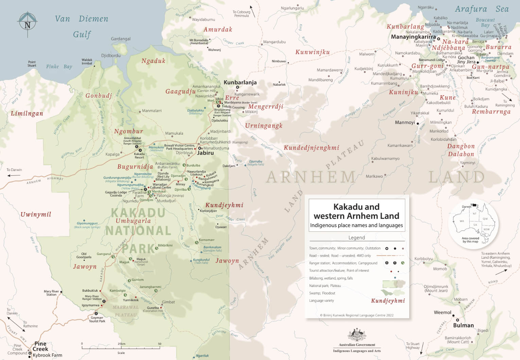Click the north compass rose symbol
click(27, 24)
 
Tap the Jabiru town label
click(205, 153)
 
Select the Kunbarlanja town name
click(240, 83)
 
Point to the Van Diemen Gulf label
click(82, 27)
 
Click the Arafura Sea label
click(482, 9)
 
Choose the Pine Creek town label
click(40, 346)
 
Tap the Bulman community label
click(463, 325)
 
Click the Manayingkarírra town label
click(413, 37)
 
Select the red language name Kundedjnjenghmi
click(311, 148)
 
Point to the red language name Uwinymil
click(36, 215)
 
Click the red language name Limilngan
click(27, 114)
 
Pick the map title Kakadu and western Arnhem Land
click(356, 211)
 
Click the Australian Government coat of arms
click(357, 335)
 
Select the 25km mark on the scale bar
click(121, 344)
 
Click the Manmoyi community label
click(405, 123)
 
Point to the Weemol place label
click(442, 312)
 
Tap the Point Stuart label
click(32, 64)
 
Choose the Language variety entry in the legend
click(322, 301)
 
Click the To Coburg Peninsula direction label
click(241, 14)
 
